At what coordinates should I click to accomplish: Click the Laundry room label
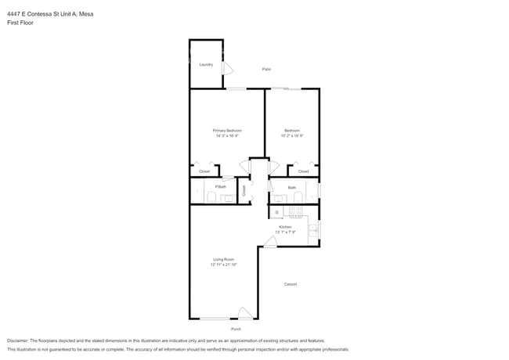click(x=206, y=64)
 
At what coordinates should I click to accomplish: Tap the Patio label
click(x=266, y=70)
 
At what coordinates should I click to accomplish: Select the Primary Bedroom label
click(x=227, y=130)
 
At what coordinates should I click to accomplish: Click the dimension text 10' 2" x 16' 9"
click(x=292, y=135)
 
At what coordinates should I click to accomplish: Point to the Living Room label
click(x=223, y=259)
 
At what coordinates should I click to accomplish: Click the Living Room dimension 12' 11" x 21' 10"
click(x=223, y=265)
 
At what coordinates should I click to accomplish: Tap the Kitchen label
click(x=285, y=227)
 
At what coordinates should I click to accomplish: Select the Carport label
click(x=291, y=284)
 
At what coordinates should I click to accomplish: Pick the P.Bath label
click(x=221, y=186)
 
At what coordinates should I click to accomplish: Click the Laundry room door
click(x=227, y=69)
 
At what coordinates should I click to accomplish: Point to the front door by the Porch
click(x=245, y=313)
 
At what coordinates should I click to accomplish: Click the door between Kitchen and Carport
click(x=269, y=243)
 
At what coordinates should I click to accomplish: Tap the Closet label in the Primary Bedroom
click(x=204, y=171)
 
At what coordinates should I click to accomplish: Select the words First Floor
click(x=20, y=23)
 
